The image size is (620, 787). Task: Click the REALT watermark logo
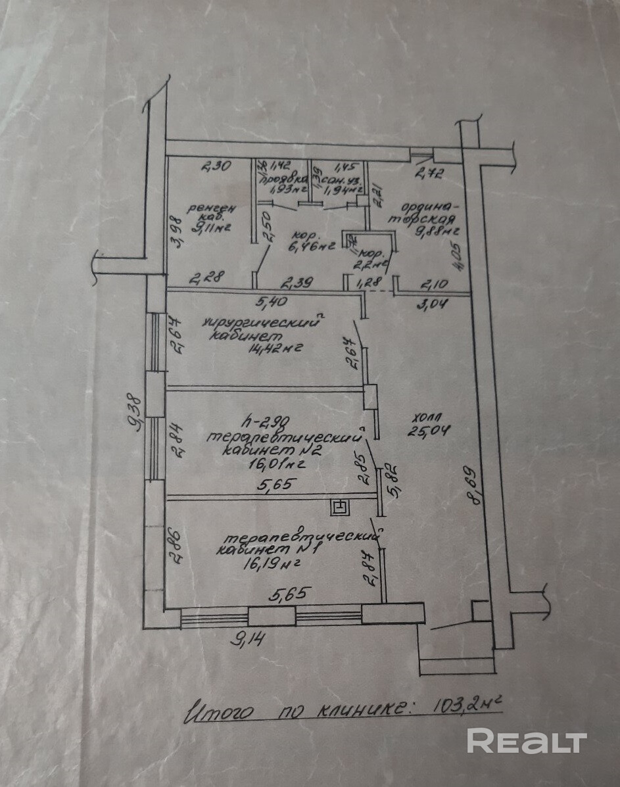pos(526,741)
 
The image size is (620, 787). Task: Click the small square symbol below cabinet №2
pos(340,506)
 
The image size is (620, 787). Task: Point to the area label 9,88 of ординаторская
pos(431,231)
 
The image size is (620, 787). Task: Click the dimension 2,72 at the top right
pos(429,174)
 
